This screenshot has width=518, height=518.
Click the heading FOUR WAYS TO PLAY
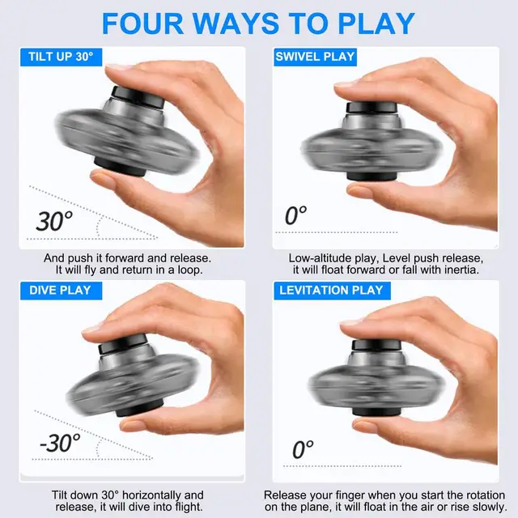(259, 23)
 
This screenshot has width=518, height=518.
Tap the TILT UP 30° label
(61, 57)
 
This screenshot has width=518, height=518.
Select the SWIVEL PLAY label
(316, 57)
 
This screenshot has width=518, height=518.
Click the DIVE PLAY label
(61, 290)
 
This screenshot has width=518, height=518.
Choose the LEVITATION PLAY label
(331, 290)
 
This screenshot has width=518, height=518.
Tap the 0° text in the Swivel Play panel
(296, 216)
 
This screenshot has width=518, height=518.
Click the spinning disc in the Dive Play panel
(121, 380)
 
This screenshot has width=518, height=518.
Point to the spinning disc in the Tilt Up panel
(121, 134)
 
